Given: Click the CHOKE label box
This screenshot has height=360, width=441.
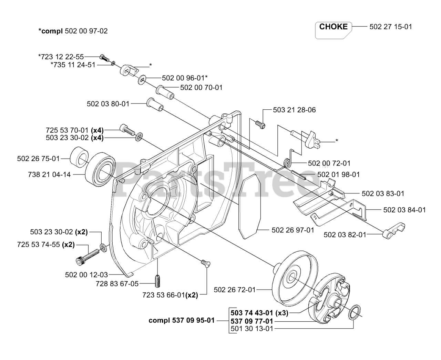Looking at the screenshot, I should [333, 27].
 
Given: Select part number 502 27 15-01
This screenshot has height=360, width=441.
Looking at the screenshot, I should [391, 27].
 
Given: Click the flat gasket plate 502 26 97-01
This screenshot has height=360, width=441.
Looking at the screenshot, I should [250, 208].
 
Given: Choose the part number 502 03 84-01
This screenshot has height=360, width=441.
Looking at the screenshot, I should [404, 210].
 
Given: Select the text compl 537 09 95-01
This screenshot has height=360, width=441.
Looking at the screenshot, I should [182, 320].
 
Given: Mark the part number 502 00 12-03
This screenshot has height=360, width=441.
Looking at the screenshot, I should [86, 274].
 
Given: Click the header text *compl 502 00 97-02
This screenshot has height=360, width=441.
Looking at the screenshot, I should [73, 31].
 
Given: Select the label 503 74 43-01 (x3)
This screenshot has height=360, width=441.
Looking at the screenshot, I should [259, 313].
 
